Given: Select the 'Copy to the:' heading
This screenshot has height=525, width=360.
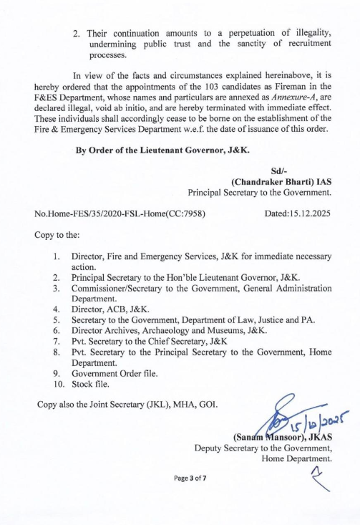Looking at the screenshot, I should coord(57,233).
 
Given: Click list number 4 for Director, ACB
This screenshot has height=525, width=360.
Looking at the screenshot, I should coord(57,309).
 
